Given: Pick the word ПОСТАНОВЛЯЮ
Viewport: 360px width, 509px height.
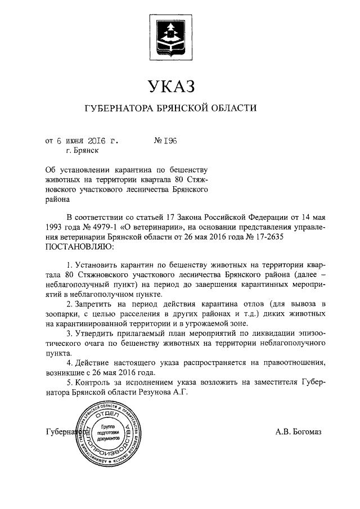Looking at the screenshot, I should (x=78, y=246).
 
